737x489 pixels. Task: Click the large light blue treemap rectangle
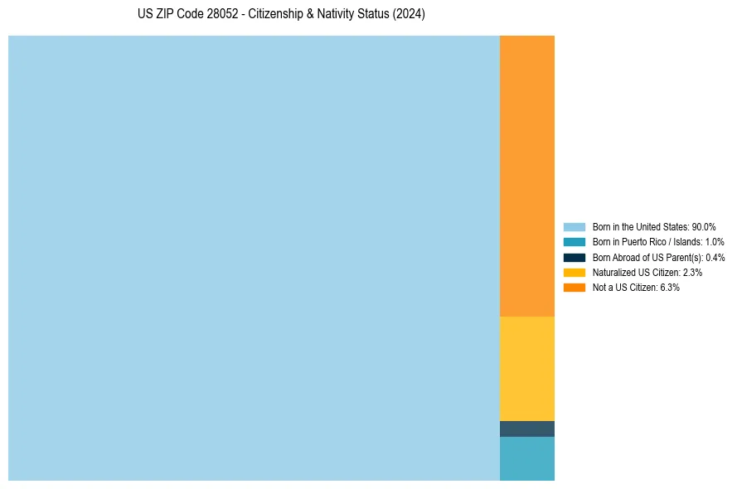point(254,258)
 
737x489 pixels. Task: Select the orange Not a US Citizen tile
point(526,176)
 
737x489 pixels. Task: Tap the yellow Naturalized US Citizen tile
point(526,368)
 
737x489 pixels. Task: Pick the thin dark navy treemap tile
point(526,428)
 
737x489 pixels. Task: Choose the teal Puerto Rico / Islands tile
point(526,458)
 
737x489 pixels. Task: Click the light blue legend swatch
point(575,227)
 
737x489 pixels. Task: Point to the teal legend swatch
point(575,242)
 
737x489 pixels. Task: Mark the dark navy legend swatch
point(575,257)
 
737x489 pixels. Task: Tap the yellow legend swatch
point(575,272)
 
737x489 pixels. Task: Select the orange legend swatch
point(575,287)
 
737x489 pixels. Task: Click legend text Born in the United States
point(641,227)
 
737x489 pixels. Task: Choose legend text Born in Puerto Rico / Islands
point(647,242)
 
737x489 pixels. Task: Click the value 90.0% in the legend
point(704,227)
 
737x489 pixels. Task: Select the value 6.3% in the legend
point(670,287)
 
